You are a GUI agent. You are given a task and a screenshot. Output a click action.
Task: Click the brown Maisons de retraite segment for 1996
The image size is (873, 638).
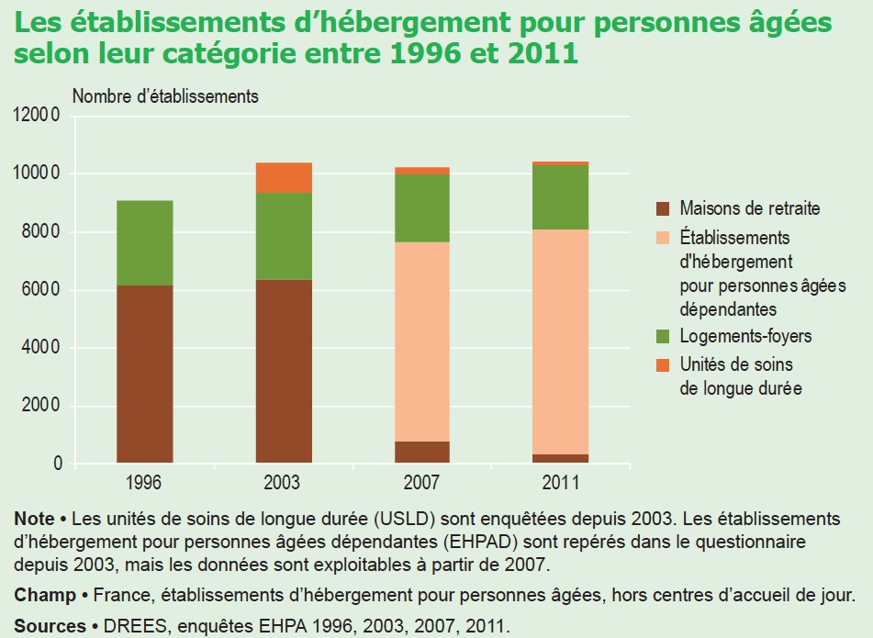[x=145, y=375]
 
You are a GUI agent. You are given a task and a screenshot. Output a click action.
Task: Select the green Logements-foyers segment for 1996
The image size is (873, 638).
[x=145, y=242]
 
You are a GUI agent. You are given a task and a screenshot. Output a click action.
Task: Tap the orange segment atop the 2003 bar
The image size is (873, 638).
[x=284, y=177]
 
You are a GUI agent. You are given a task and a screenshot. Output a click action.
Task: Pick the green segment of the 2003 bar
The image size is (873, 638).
[x=284, y=236]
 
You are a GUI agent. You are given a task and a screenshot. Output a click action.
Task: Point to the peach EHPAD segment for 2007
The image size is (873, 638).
[x=422, y=341]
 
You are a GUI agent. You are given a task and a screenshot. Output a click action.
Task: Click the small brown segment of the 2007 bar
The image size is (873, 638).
[x=422, y=453]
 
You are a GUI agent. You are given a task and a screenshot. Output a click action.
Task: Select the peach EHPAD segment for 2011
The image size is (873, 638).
[x=561, y=341]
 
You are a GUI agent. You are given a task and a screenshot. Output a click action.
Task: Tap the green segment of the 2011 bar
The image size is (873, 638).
[x=561, y=196]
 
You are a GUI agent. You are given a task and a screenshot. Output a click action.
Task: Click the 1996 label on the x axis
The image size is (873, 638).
[x=145, y=482]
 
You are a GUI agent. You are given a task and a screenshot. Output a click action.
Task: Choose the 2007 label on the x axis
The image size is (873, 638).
[x=422, y=482]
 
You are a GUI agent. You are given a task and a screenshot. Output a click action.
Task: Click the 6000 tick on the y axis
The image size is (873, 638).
[x=41, y=290]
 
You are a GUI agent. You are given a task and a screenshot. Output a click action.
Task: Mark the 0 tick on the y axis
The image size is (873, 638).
[x=58, y=465]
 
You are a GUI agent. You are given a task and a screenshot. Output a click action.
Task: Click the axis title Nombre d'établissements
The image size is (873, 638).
[x=165, y=95]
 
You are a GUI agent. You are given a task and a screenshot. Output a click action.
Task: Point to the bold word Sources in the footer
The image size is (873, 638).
[x=46, y=626]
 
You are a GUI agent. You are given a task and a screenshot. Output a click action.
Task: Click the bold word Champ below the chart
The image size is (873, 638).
[x=45, y=595]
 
